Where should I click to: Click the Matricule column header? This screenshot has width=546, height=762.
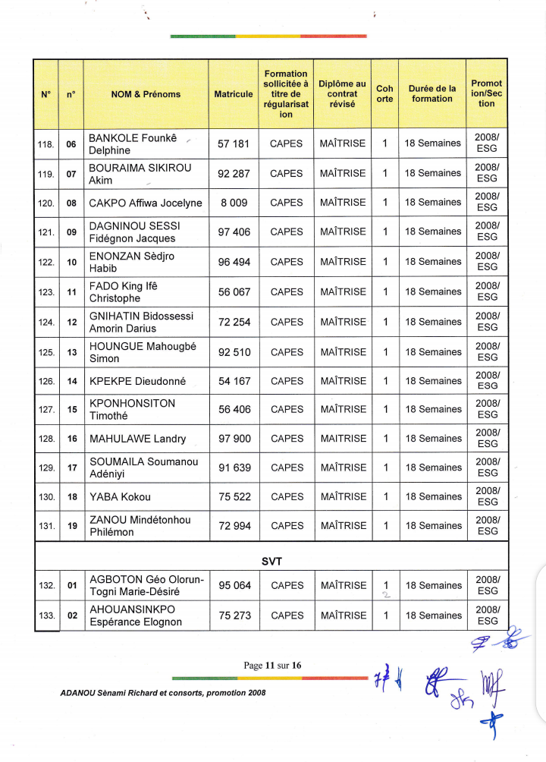click(x=234, y=94)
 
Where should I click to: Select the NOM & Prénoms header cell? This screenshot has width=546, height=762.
click(x=146, y=94)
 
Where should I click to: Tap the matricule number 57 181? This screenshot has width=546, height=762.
click(x=234, y=143)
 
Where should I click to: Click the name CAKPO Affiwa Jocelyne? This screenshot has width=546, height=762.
click(x=146, y=203)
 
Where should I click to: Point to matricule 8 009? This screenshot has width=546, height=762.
click(x=234, y=203)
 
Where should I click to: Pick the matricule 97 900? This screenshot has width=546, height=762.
click(x=234, y=439)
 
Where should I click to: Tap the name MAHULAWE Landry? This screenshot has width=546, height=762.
click(x=137, y=439)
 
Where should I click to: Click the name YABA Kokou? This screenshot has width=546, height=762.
click(x=120, y=497)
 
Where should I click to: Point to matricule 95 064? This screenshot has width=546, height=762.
click(x=234, y=585)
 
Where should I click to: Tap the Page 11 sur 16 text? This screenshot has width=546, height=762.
click(x=272, y=666)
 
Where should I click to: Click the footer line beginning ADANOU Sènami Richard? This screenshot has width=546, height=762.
click(x=162, y=693)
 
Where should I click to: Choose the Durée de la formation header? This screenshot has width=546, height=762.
click(x=431, y=94)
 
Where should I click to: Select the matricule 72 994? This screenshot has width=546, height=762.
click(x=234, y=526)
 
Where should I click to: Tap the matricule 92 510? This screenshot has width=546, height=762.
click(x=234, y=352)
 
